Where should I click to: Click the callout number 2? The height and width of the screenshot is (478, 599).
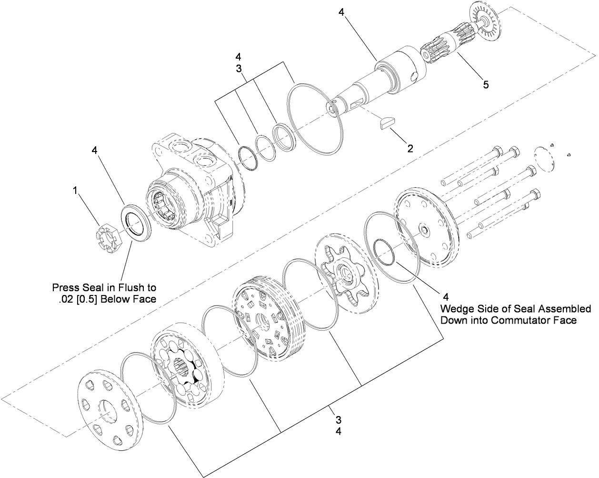(x=409, y=148)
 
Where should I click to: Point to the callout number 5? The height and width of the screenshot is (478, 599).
(x=485, y=84)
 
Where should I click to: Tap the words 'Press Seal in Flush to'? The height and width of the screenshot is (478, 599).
(x=104, y=288)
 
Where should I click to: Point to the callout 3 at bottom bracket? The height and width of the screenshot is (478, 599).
(x=338, y=420)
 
